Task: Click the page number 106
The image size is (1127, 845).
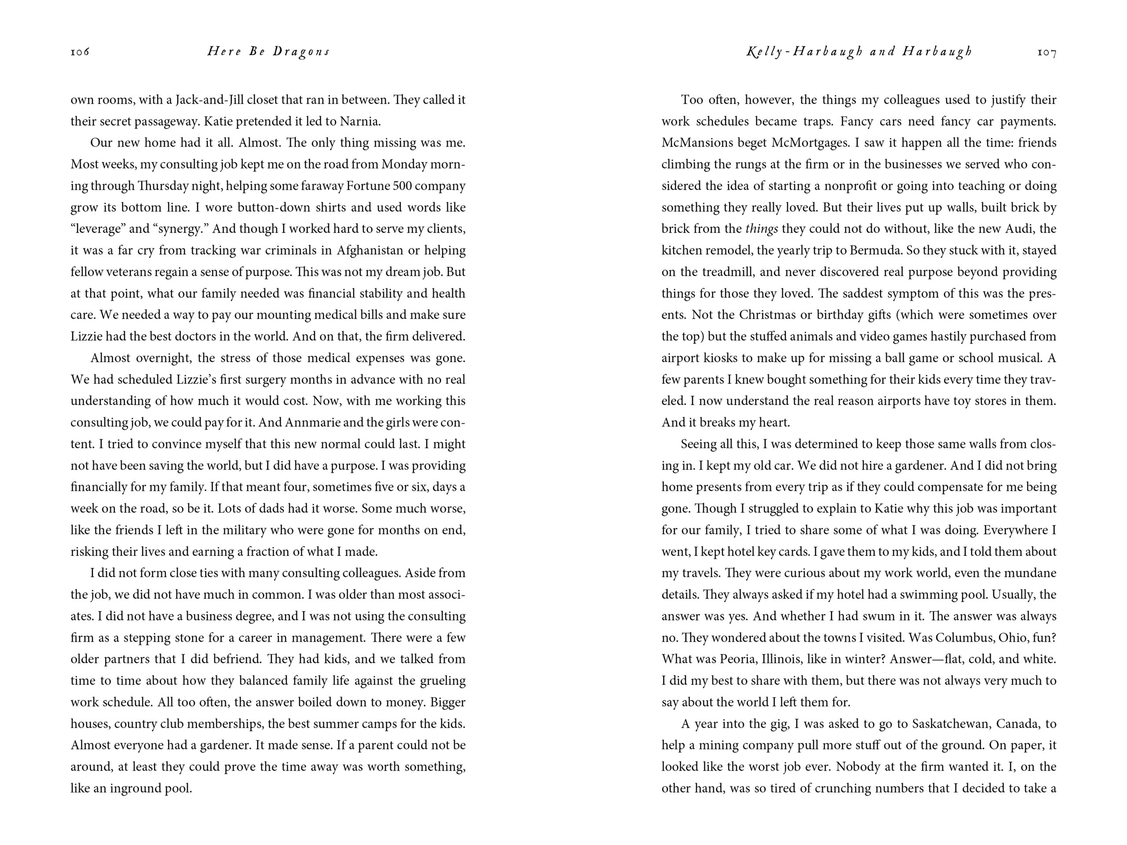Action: coord(80,51)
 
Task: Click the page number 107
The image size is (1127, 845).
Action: coord(1046,52)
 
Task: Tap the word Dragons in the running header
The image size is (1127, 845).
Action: coord(301,51)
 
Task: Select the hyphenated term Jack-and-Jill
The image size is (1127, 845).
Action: coord(210,100)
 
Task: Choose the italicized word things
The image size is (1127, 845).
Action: coord(761,229)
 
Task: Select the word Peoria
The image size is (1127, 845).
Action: coord(738,659)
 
